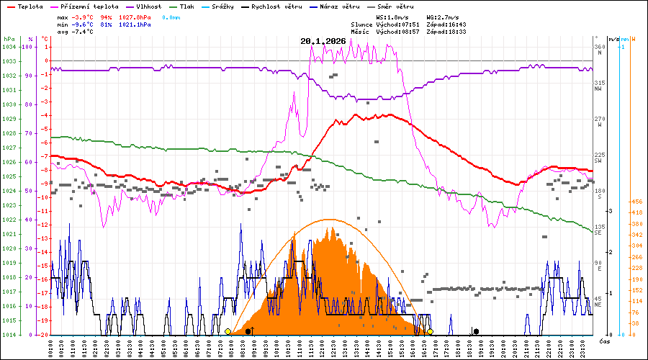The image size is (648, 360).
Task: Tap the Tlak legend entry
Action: [x=191, y=6]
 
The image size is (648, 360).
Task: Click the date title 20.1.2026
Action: [x=323, y=41]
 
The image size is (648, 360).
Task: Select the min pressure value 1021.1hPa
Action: [x=135, y=24]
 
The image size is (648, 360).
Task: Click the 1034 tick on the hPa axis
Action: [x=9, y=47]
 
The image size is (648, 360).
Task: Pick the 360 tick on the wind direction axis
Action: [x=598, y=47]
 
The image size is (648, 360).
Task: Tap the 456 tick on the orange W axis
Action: [x=636, y=202]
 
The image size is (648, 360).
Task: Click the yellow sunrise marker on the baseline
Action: [x=228, y=331]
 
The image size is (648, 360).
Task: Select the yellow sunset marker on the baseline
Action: [x=430, y=331]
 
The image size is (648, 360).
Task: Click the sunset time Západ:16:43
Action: [x=446, y=24]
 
